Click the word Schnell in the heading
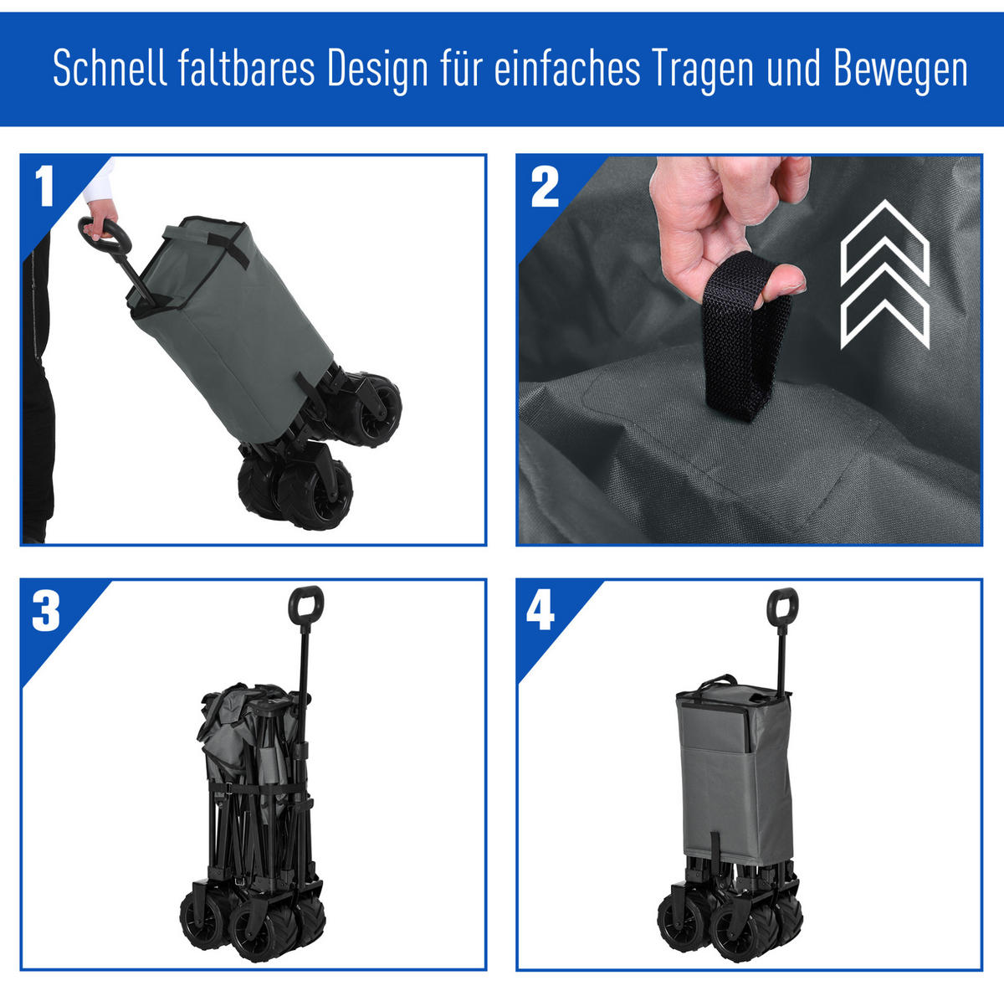110,68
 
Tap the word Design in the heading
377,71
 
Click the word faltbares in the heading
247,68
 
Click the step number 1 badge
44,186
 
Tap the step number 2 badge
545,187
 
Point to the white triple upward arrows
884,275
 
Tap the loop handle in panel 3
306,605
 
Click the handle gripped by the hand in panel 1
105,235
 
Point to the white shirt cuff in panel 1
99,182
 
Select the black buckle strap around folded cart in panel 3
255,788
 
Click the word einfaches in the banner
567,68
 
